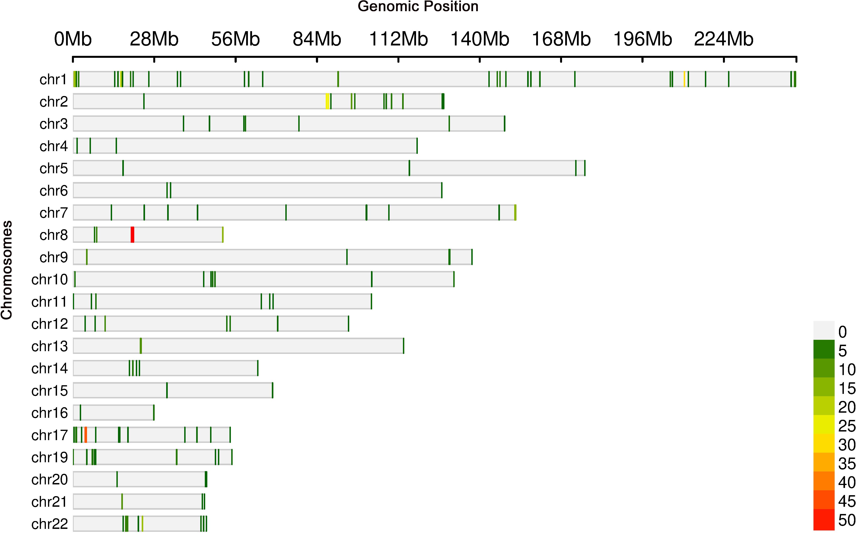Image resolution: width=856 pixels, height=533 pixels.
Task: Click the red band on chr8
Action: click(x=132, y=235)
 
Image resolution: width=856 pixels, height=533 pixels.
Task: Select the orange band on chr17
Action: click(x=86, y=435)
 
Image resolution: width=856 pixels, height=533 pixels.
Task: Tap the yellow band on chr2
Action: click(x=327, y=101)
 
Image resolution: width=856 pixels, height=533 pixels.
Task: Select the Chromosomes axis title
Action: click(x=7, y=270)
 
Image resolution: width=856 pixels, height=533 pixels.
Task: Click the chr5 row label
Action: click(x=53, y=168)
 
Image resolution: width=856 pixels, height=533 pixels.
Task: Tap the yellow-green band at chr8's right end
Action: click(x=223, y=235)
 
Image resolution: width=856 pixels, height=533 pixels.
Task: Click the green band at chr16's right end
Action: click(x=154, y=412)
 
